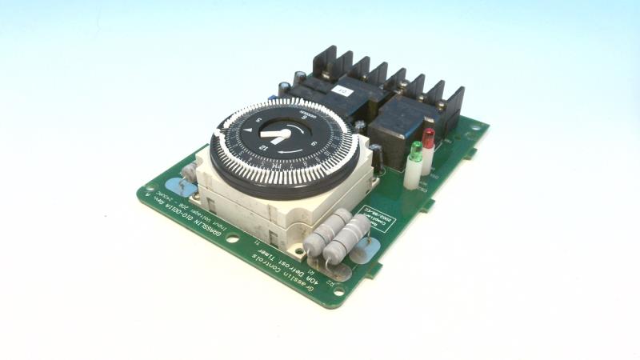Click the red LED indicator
429,138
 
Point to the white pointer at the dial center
277,136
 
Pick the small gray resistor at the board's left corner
189,171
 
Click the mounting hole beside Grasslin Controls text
338,292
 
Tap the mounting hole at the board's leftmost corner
149,192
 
